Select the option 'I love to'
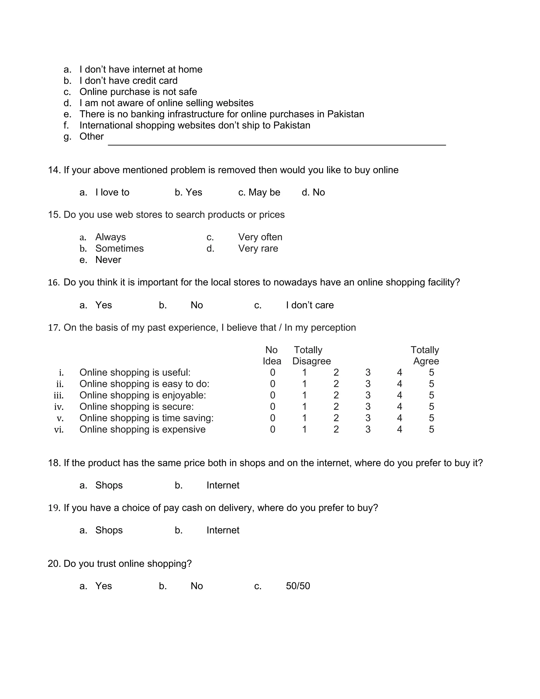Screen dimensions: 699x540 point(112,192)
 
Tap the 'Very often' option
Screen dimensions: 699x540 point(260,237)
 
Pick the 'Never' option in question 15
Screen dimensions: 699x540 point(108,260)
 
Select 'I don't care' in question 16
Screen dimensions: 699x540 point(310,305)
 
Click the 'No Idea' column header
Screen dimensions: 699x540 point(272,356)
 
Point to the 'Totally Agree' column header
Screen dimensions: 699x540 point(425,356)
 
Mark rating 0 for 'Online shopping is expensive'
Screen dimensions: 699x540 point(273,429)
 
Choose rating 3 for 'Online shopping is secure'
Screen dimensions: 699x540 point(368,406)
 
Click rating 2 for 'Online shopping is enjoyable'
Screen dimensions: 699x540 point(336,395)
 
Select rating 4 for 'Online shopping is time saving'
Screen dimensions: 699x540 point(399,418)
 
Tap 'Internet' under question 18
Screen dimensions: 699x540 point(223,485)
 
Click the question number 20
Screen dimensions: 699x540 point(54,564)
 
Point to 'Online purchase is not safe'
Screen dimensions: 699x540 point(138,92)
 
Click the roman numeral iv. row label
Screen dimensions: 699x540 point(59,407)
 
